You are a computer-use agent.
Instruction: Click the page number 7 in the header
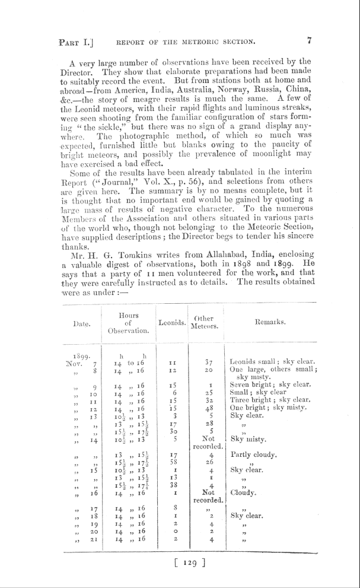(x=309, y=41)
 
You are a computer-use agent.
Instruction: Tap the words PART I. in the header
(x=77, y=42)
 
